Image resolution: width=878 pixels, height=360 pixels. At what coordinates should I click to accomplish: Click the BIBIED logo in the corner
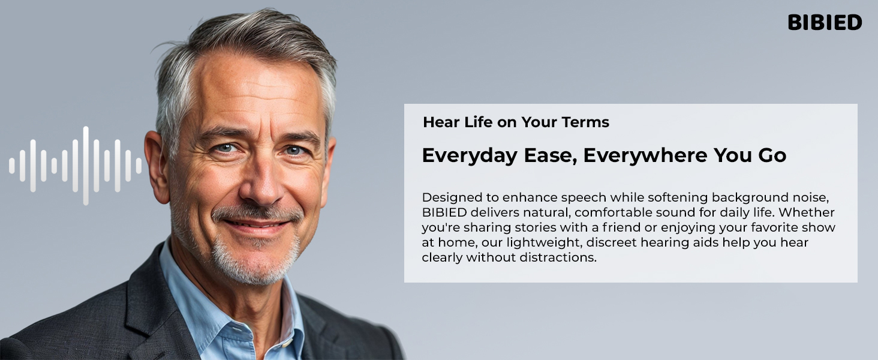click(825, 23)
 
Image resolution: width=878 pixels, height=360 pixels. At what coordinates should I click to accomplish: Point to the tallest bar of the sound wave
click(86, 166)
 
